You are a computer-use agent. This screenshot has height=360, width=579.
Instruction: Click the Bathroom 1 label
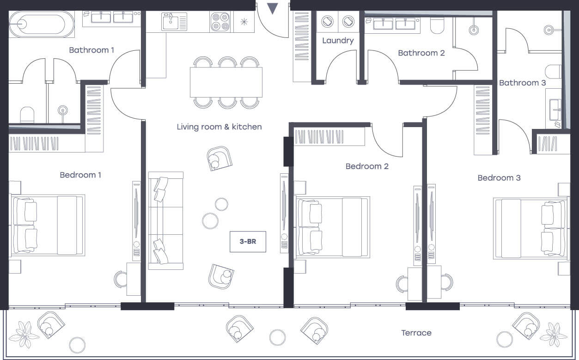tap(91, 50)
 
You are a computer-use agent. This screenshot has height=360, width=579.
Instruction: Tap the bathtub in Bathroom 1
tap(42, 24)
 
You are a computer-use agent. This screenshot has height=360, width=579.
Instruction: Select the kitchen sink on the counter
tap(174, 22)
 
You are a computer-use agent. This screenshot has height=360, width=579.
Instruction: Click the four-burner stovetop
tap(220, 22)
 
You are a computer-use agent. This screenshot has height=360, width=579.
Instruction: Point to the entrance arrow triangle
tap(273, 8)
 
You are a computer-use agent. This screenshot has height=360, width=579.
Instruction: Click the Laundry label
tap(338, 41)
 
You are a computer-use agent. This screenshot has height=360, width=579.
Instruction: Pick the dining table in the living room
tap(226, 82)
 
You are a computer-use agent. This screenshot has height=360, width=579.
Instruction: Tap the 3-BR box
tap(248, 241)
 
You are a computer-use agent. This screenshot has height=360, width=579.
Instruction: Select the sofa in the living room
tap(166, 221)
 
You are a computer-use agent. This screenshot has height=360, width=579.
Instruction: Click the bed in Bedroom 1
tap(48, 226)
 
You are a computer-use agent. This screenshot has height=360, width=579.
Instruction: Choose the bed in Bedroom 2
tap(333, 227)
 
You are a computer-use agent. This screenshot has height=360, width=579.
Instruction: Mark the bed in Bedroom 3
tap(530, 228)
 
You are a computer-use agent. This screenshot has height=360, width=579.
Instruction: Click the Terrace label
tap(416, 333)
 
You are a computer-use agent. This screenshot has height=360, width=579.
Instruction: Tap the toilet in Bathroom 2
tap(437, 25)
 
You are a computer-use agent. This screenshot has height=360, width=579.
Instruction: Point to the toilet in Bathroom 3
tap(553, 72)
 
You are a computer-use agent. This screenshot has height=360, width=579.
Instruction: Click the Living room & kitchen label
tap(219, 127)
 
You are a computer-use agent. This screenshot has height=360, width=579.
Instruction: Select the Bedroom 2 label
tap(367, 166)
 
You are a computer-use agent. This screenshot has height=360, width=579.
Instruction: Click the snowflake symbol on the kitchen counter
tap(244, 22)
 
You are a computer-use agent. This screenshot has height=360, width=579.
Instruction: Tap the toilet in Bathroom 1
tap(27, 115)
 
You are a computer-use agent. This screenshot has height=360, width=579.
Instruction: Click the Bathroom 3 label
tap(522, 83)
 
